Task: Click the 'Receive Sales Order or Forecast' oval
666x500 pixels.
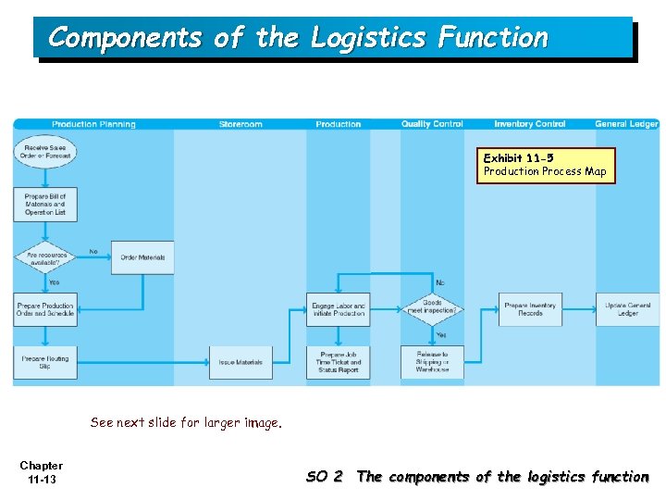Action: tap(45, 152)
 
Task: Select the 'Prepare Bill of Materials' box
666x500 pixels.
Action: tap(45, 205)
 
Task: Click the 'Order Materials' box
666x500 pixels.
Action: tap(142, 256)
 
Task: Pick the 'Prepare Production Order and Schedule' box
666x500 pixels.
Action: tap(45, 309)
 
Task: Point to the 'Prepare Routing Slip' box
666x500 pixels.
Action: tap(45, 362)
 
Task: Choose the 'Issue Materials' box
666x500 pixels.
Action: tap(241, 362)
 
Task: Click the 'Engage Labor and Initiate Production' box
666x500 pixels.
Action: tap(338, 309)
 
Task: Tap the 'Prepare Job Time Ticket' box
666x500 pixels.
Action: tap(338, 362)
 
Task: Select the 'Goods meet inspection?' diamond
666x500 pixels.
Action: tap(432, 306)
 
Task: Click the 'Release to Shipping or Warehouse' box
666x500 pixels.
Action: tap(432, 362)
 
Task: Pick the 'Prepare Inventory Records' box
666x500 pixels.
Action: tap(530, 309)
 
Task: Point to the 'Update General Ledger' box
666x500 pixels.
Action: tap(628, 309)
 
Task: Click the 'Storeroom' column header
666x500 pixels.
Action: tap(240, 124)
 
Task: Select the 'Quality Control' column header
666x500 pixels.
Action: tap(432, 124)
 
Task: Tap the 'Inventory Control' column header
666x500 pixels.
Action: tap(530, 124)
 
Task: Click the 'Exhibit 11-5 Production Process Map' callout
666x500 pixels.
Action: tap(545, 165)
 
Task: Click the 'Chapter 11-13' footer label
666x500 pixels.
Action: tap(42, 472)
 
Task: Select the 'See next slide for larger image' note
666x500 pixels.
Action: tap(185, 422)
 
